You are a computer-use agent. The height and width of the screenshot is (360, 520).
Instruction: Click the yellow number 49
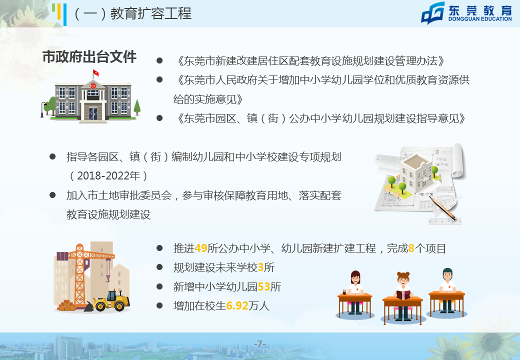[x=201, y=248]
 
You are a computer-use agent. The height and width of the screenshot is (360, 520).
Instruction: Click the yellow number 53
[x=264, y=286]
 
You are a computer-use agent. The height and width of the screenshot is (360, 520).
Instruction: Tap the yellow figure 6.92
[x=237, y=305]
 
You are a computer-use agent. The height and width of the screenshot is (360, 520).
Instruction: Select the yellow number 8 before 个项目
[x=411, y=248]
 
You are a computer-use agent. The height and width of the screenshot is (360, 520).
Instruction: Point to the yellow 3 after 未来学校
[x=260, y=267]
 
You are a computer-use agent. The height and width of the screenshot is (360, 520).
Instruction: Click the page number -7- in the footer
[x=259, y=344]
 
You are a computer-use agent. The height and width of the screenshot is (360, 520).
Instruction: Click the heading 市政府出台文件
[x=89, y=56]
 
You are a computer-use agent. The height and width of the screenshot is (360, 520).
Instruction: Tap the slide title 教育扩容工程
[x=151, y=13]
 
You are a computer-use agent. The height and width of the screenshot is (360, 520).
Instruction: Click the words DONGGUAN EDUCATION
[x=480, y=19]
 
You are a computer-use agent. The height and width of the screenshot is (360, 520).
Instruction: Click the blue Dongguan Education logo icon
[x=433, y=13]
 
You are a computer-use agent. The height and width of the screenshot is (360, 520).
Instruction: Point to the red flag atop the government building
[x=96, y=72]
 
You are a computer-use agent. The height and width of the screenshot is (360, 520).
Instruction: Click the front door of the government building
[x=93, y=113]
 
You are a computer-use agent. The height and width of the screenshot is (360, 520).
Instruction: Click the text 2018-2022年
[x=108, y=175]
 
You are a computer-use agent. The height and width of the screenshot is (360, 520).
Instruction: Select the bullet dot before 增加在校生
[x=159, y=305]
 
